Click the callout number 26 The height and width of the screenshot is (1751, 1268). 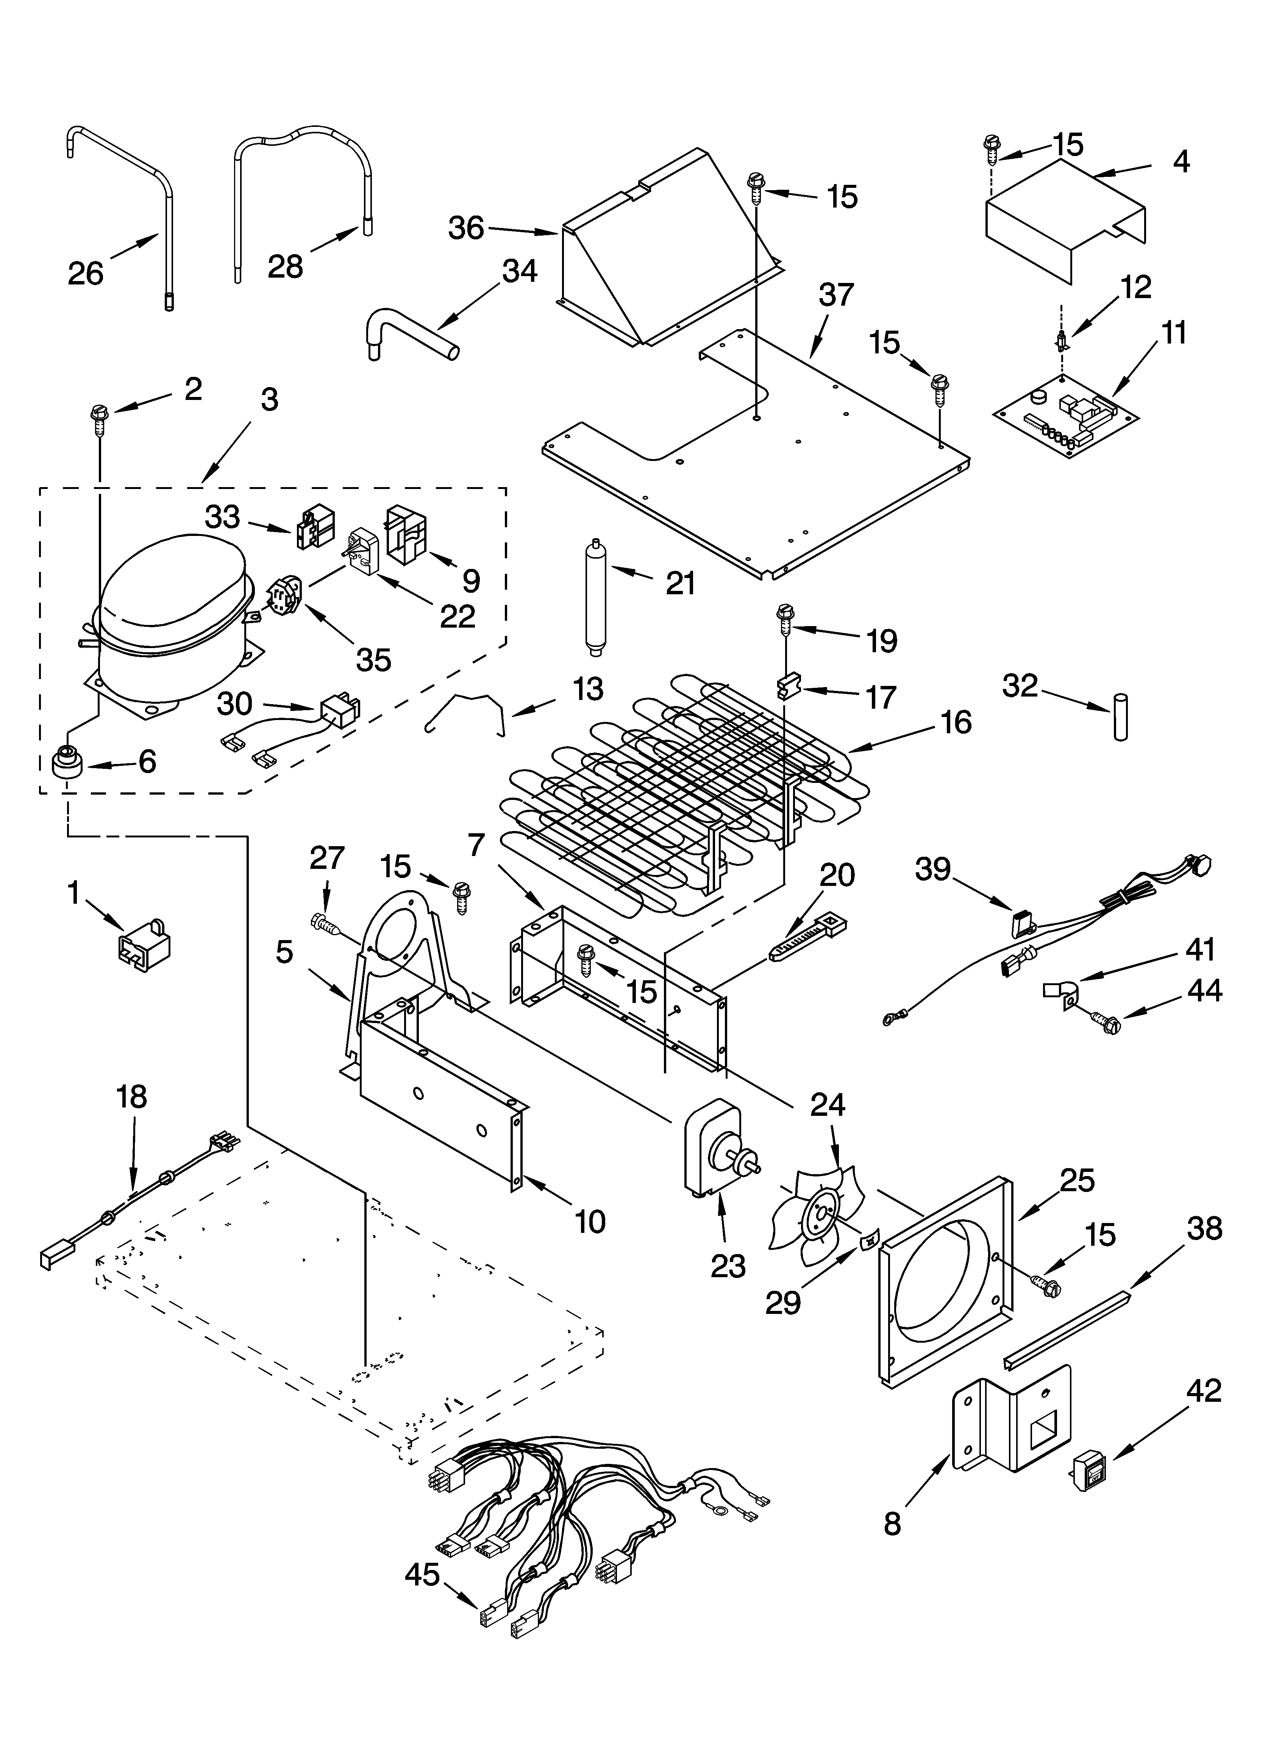coord(85,273)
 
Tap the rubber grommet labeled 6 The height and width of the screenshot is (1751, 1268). coord(67,763)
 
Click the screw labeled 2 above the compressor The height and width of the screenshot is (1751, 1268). coord(100,417)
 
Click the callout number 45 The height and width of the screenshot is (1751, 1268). coord(422,1575)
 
